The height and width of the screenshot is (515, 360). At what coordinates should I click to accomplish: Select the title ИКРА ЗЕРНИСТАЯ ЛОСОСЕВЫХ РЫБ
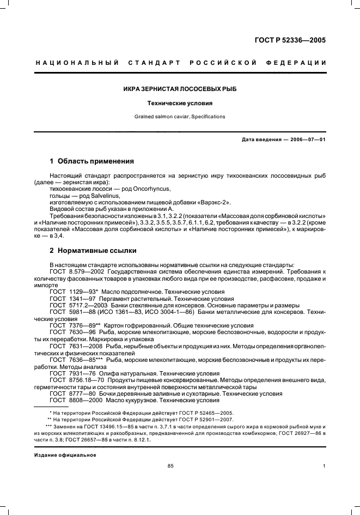[180, 88]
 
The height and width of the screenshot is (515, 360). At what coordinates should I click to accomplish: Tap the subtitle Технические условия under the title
[180, 102]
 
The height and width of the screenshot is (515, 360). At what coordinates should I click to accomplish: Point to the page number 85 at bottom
[170, 466]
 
